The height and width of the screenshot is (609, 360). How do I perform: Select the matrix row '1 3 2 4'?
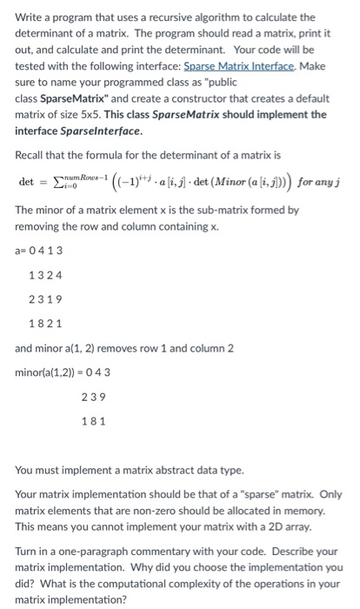(x=44, y=277)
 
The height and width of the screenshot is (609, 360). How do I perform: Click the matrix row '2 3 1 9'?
(x=44, y=301)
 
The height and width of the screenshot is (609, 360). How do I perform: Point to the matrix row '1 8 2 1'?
(x=44, y=325)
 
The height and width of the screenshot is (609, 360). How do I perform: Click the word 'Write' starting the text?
(x=30, y=17)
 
